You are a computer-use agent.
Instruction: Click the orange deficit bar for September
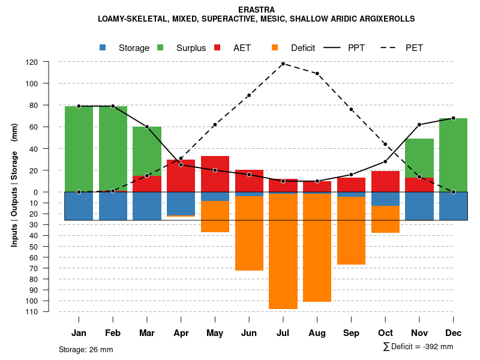point(351,230)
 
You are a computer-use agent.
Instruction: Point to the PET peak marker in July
point(283,64)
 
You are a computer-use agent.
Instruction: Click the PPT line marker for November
point(419,125)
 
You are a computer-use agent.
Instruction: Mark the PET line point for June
point(249,95)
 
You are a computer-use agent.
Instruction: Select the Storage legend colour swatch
point(103,47)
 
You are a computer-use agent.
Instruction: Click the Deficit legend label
point(302,48)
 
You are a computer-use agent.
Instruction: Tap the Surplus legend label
point(191,48)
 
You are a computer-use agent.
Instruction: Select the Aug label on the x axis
point(317,333)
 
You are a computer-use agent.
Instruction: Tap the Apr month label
point(181,333)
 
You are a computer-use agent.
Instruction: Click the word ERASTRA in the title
point(256,10)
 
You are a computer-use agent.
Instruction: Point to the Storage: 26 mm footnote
point(86,349)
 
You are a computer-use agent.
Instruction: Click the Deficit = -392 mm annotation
point(418,347)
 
